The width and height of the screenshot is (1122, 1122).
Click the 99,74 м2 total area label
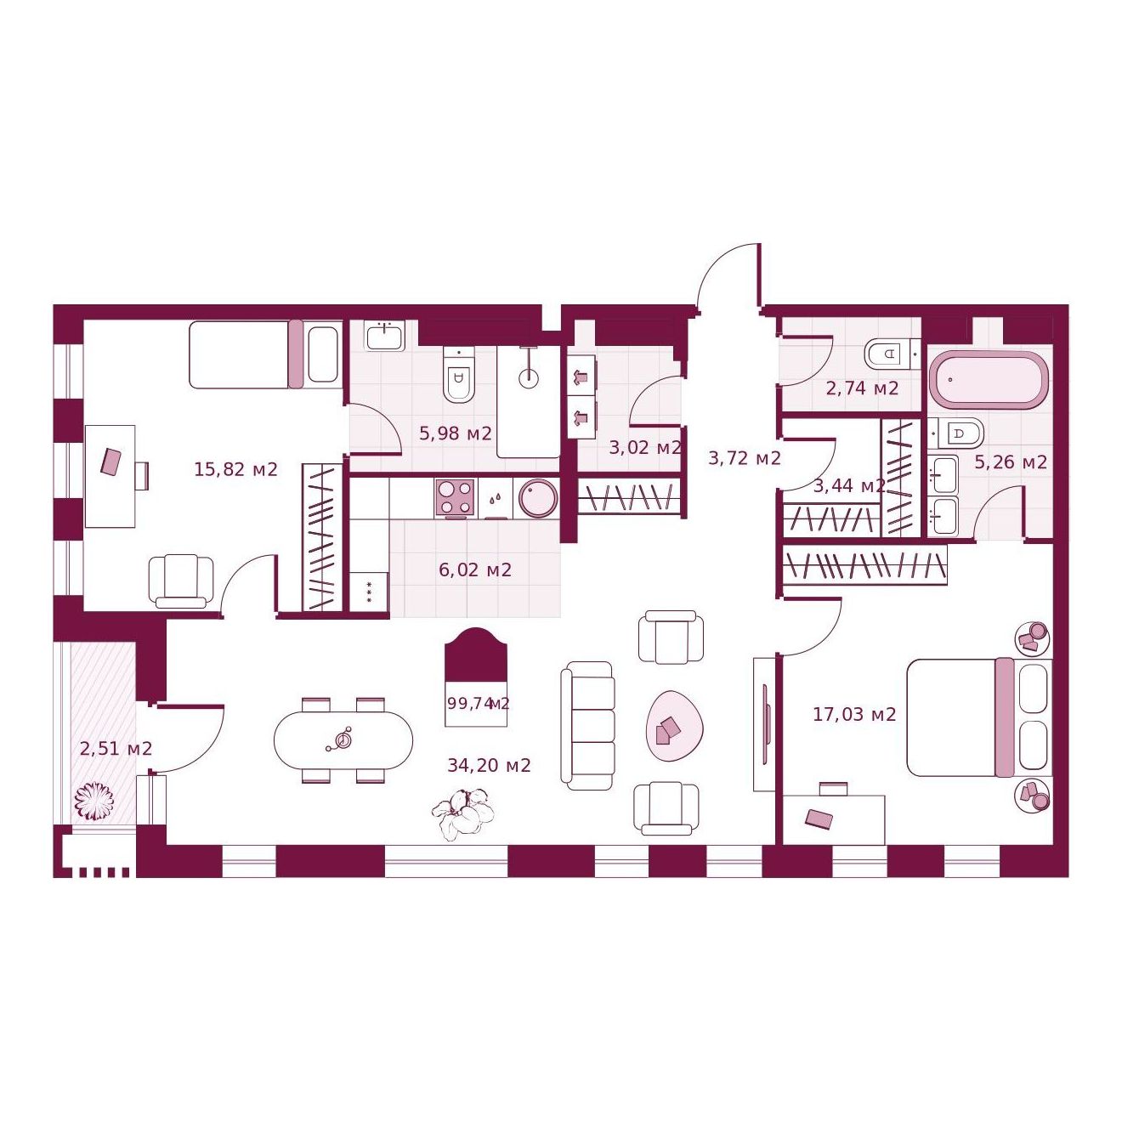click(478, 703)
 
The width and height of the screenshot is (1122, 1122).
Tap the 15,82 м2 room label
click(235, 469)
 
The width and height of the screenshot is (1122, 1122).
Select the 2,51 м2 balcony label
click(116, 748)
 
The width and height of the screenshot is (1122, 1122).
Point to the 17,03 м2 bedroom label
click(854, 714)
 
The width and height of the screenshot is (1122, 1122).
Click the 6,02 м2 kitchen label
click(475, 569)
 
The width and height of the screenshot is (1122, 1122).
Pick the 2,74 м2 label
click(862, 388)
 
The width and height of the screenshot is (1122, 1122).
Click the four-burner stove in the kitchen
click(454, 498)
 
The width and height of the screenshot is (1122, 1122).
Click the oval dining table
click(343, 740)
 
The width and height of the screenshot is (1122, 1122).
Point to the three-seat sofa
click(587, 726)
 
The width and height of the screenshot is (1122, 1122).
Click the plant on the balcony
click(94, 802)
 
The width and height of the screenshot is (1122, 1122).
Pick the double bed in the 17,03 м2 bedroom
click(979, 717)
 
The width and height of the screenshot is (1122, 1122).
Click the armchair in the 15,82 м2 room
click(181, 581)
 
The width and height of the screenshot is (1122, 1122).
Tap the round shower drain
click(529, 378)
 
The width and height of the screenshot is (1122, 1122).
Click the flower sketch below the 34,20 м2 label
click(463, 813)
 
